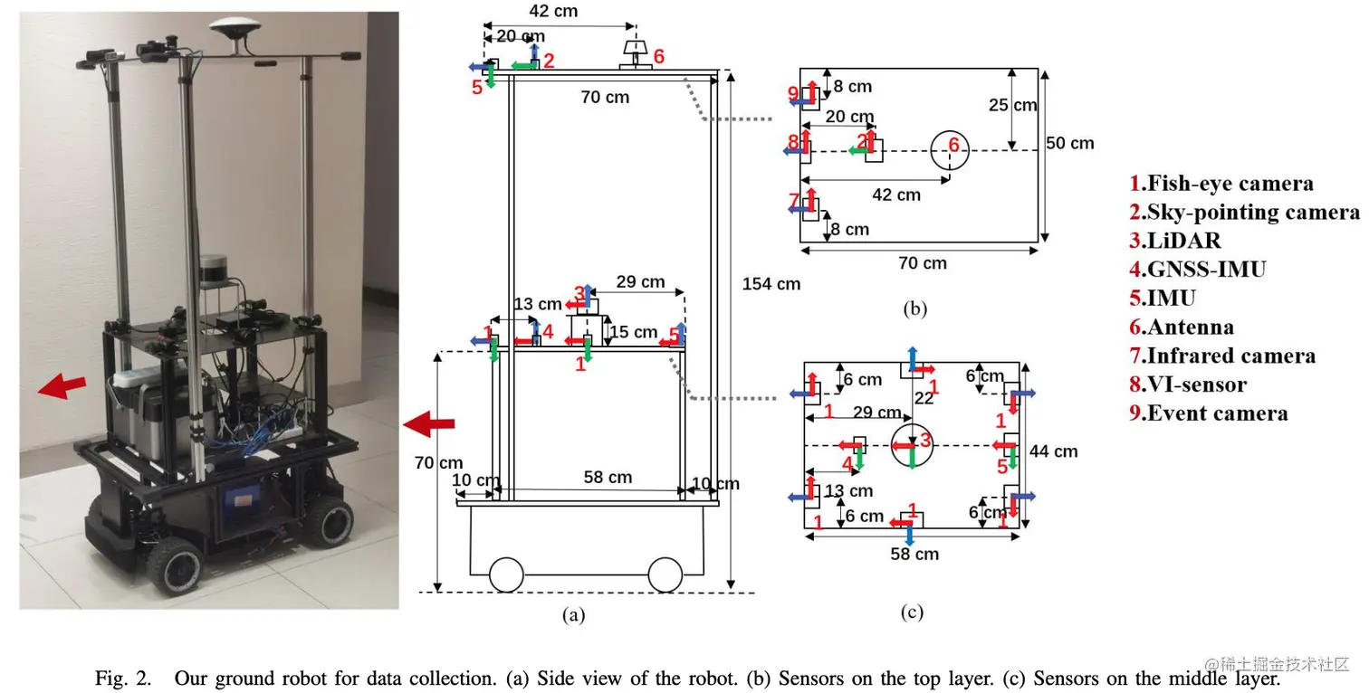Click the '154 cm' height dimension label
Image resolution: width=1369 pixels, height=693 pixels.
pyautogui.click(x=771, y=284)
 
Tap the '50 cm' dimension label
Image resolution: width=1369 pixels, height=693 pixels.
pyautogui.click(x=1069, y=144)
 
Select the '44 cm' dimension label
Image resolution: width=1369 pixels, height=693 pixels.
pyautogui.click(x=1054, y=451)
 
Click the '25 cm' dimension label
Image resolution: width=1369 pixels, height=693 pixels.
pyautogui.click(x=1012, y=105)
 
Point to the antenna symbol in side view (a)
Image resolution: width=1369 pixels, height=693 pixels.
pyautogui.click(x=636, y=53)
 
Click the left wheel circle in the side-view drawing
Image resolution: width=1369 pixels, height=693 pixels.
pyautogui.click(x=507, y=574)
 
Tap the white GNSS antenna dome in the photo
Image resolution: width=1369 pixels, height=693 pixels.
pyautogui.click(x=235, y=26)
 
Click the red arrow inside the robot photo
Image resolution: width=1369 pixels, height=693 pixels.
pyautogui.click(x=62, y=386)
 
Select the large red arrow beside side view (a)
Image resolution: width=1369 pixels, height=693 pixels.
pyautogui.click(x=428, y=423)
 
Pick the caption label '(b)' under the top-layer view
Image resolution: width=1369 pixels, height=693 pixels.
pyautogui.click(x=914, y=309)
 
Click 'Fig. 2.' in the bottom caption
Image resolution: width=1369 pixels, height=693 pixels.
pyautogui.click(x=123, y=679)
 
